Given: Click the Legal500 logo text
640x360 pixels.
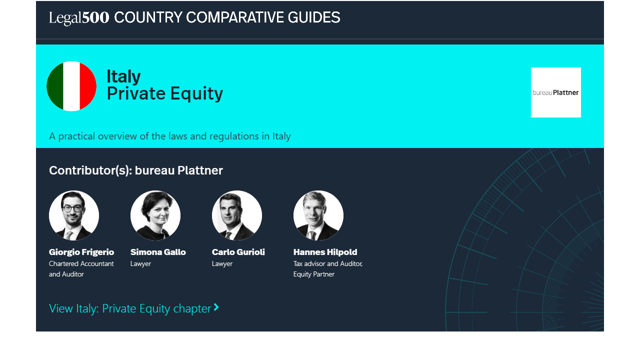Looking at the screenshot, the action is pyautogui.click(x=79, y=17).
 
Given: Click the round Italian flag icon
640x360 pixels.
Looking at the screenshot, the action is pyautogui.click(x=71, y=86).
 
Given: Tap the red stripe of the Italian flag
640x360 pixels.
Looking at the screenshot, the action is pyautogui.click(x=87, y=86).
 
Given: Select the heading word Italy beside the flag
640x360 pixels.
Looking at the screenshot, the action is pyautogui.click(x=123, y=76).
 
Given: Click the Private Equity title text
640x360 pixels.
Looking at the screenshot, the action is pyautogui.click(x=165, y=93).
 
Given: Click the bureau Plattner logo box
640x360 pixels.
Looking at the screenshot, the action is pyautogui.click(x=555, y=92).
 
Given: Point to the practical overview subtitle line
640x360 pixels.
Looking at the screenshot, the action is pyautogui.click(x=169, y=136).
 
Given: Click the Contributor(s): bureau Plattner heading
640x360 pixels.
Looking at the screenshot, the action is pyautogui.click(x=135, y=170).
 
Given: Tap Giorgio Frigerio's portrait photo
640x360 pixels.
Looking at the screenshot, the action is pyautogui.click(x=74, y=215).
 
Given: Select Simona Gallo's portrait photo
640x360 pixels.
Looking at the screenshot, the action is pyautogui.click(x=155, y=215).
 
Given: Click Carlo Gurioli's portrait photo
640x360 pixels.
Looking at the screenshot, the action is pyautogui.click(x=237, y=215).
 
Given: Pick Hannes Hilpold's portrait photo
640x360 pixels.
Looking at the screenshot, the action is pyautogui.click(x=318, y=215).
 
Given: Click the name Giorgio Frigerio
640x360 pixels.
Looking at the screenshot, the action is pyautogui.click(x=81, y=252).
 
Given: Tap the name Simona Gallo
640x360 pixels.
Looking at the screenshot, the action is pyautogui.click(x=158, y=252).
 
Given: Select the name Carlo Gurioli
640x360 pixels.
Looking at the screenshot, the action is pyautogui.click(x=238, y=252).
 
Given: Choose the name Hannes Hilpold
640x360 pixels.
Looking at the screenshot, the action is pyautogui.click(x=325, y=252).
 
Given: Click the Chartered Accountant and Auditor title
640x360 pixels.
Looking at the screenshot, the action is pyautogui.click(x=81, y=269).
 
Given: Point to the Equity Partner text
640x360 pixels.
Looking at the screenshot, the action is pyautogui.click(x=313, y=274).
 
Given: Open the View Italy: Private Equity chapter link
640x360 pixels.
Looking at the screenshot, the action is pyautogui.click(x=133, y=308).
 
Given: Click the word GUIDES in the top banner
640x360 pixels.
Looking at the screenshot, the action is pyautogui.click(x=313, y=17).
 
